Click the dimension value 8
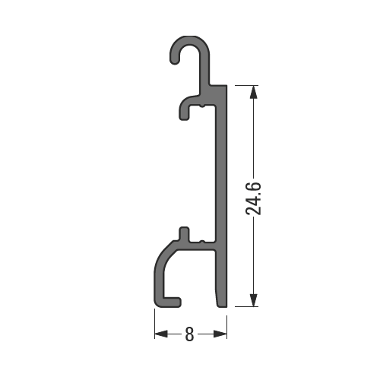(x=189, y=334)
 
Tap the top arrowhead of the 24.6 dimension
(x=254, y=93)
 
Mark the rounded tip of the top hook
(x=173, y=58)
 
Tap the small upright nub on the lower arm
(x=182, y=233)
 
